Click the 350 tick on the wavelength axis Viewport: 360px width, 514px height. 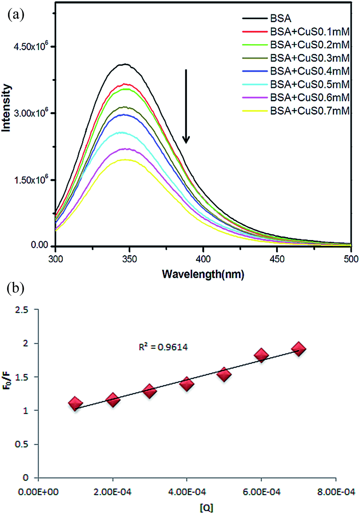[129, 259]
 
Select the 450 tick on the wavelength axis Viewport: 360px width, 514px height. [277, 259]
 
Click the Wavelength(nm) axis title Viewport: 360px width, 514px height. [203, 274]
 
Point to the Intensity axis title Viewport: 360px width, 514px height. [6, 108]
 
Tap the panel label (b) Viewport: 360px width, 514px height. [16, 288]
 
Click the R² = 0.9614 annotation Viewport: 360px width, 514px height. [163, 347]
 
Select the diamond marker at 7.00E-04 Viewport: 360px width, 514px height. [299, 349]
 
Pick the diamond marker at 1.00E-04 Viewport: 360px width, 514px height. [75, 404]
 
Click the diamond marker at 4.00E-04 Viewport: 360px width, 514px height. [187, 384]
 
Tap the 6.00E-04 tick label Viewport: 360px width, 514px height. [262, 492]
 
